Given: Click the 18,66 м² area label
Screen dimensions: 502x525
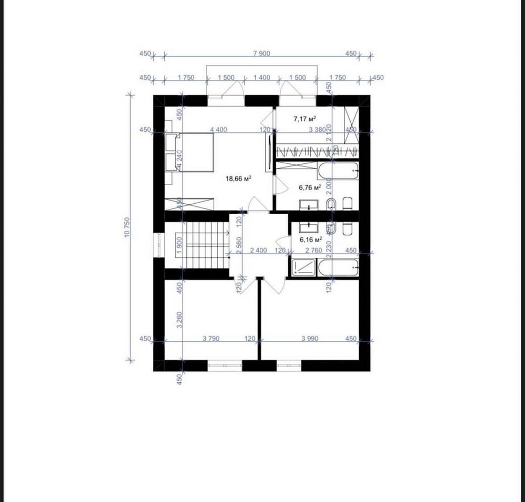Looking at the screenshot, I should [238, 179].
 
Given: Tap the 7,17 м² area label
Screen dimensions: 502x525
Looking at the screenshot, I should [304, 119].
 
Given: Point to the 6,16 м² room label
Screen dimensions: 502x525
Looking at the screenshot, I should [310, 239].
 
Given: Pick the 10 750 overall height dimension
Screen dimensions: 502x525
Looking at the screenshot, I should [127, 227].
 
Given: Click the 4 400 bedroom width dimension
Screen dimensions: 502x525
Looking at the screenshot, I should [218, 130].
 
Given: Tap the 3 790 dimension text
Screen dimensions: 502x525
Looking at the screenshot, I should [211, 339].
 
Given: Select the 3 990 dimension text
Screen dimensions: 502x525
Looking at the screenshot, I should [310, 339].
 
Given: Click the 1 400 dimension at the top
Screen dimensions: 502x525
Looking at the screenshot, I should [261, 78].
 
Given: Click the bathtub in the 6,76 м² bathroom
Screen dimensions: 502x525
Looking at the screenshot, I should [339, 171].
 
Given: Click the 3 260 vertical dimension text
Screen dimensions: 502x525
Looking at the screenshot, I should [180, 320].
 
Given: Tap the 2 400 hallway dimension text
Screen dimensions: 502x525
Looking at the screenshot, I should [258, 251].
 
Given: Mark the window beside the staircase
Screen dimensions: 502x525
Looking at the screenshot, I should [158, 245].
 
